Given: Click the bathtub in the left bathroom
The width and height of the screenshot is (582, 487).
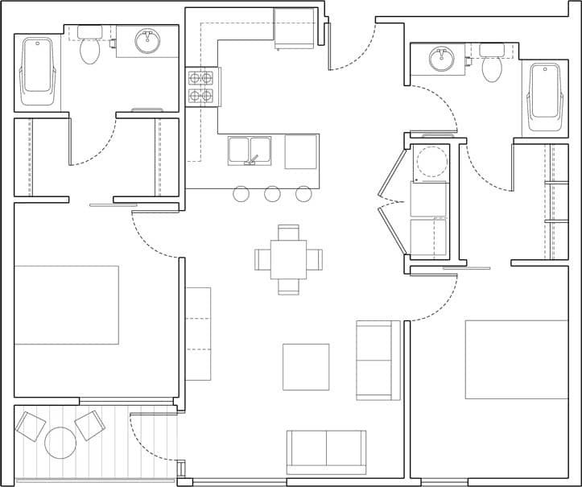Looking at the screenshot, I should tap(37, 72).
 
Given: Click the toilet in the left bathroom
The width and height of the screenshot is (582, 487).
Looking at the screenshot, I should tap(89, 50).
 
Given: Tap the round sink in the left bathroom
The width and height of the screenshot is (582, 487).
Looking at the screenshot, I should tap(147, 41).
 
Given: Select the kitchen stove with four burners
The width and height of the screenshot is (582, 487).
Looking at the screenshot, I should tap(201, 87).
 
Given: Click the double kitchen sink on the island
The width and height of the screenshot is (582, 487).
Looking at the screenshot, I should tap(249, 151).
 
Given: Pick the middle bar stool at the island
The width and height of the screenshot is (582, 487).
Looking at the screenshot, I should tap(272, 194).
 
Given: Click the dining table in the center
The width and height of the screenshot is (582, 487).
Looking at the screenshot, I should tap(288, 259).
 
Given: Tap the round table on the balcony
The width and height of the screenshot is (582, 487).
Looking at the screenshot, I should tap(60, 442).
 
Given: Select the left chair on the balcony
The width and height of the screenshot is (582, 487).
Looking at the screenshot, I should tap(31, 426).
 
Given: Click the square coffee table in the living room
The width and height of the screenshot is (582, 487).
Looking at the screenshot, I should tap(306, 367).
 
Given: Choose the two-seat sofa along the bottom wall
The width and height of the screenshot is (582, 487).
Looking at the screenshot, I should tap(326, 451).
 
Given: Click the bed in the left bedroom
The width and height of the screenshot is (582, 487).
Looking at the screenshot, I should tap(66, 305).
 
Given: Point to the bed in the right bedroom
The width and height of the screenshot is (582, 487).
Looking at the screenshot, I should tap(516, 359).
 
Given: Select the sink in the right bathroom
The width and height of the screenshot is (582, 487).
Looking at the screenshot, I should tap(441, 59).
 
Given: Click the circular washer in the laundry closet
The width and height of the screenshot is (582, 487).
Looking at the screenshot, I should tap(431, 161).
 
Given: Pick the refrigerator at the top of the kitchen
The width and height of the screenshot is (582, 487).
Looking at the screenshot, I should tap(294, 28).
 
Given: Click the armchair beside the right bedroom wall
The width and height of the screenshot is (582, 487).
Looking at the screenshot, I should tap(377, 360).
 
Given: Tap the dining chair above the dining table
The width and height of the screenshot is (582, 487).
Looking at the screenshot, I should tap(288, 232).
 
